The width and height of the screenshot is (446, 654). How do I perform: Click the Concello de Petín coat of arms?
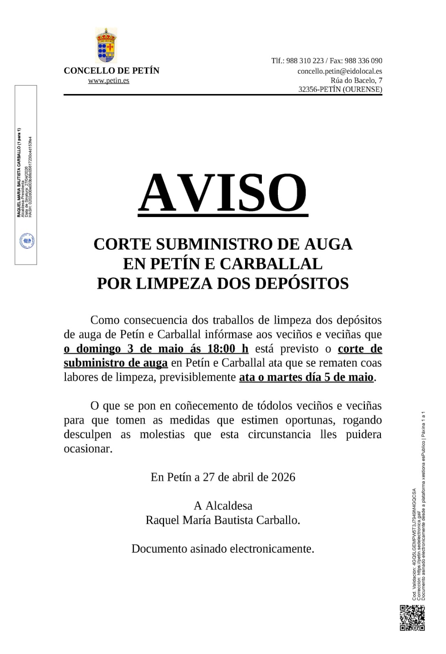click(106, 45)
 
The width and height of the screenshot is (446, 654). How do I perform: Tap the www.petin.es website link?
click(108, 81)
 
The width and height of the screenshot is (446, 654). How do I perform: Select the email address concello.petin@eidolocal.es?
click(340, 71)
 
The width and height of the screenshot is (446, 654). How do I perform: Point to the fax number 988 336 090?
click(363, 61)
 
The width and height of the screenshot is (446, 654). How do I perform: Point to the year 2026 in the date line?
click(283, 477)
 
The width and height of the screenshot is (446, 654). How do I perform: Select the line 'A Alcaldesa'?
click(223, 506)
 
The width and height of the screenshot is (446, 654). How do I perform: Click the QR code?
click(412, 618)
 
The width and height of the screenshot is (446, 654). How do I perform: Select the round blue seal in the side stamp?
click(27, 241)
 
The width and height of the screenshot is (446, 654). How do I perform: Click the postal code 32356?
click(308, 90)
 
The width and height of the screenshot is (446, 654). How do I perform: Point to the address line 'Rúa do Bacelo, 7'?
click(356, 81)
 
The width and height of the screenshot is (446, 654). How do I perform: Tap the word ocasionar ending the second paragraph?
click(88, 449)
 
